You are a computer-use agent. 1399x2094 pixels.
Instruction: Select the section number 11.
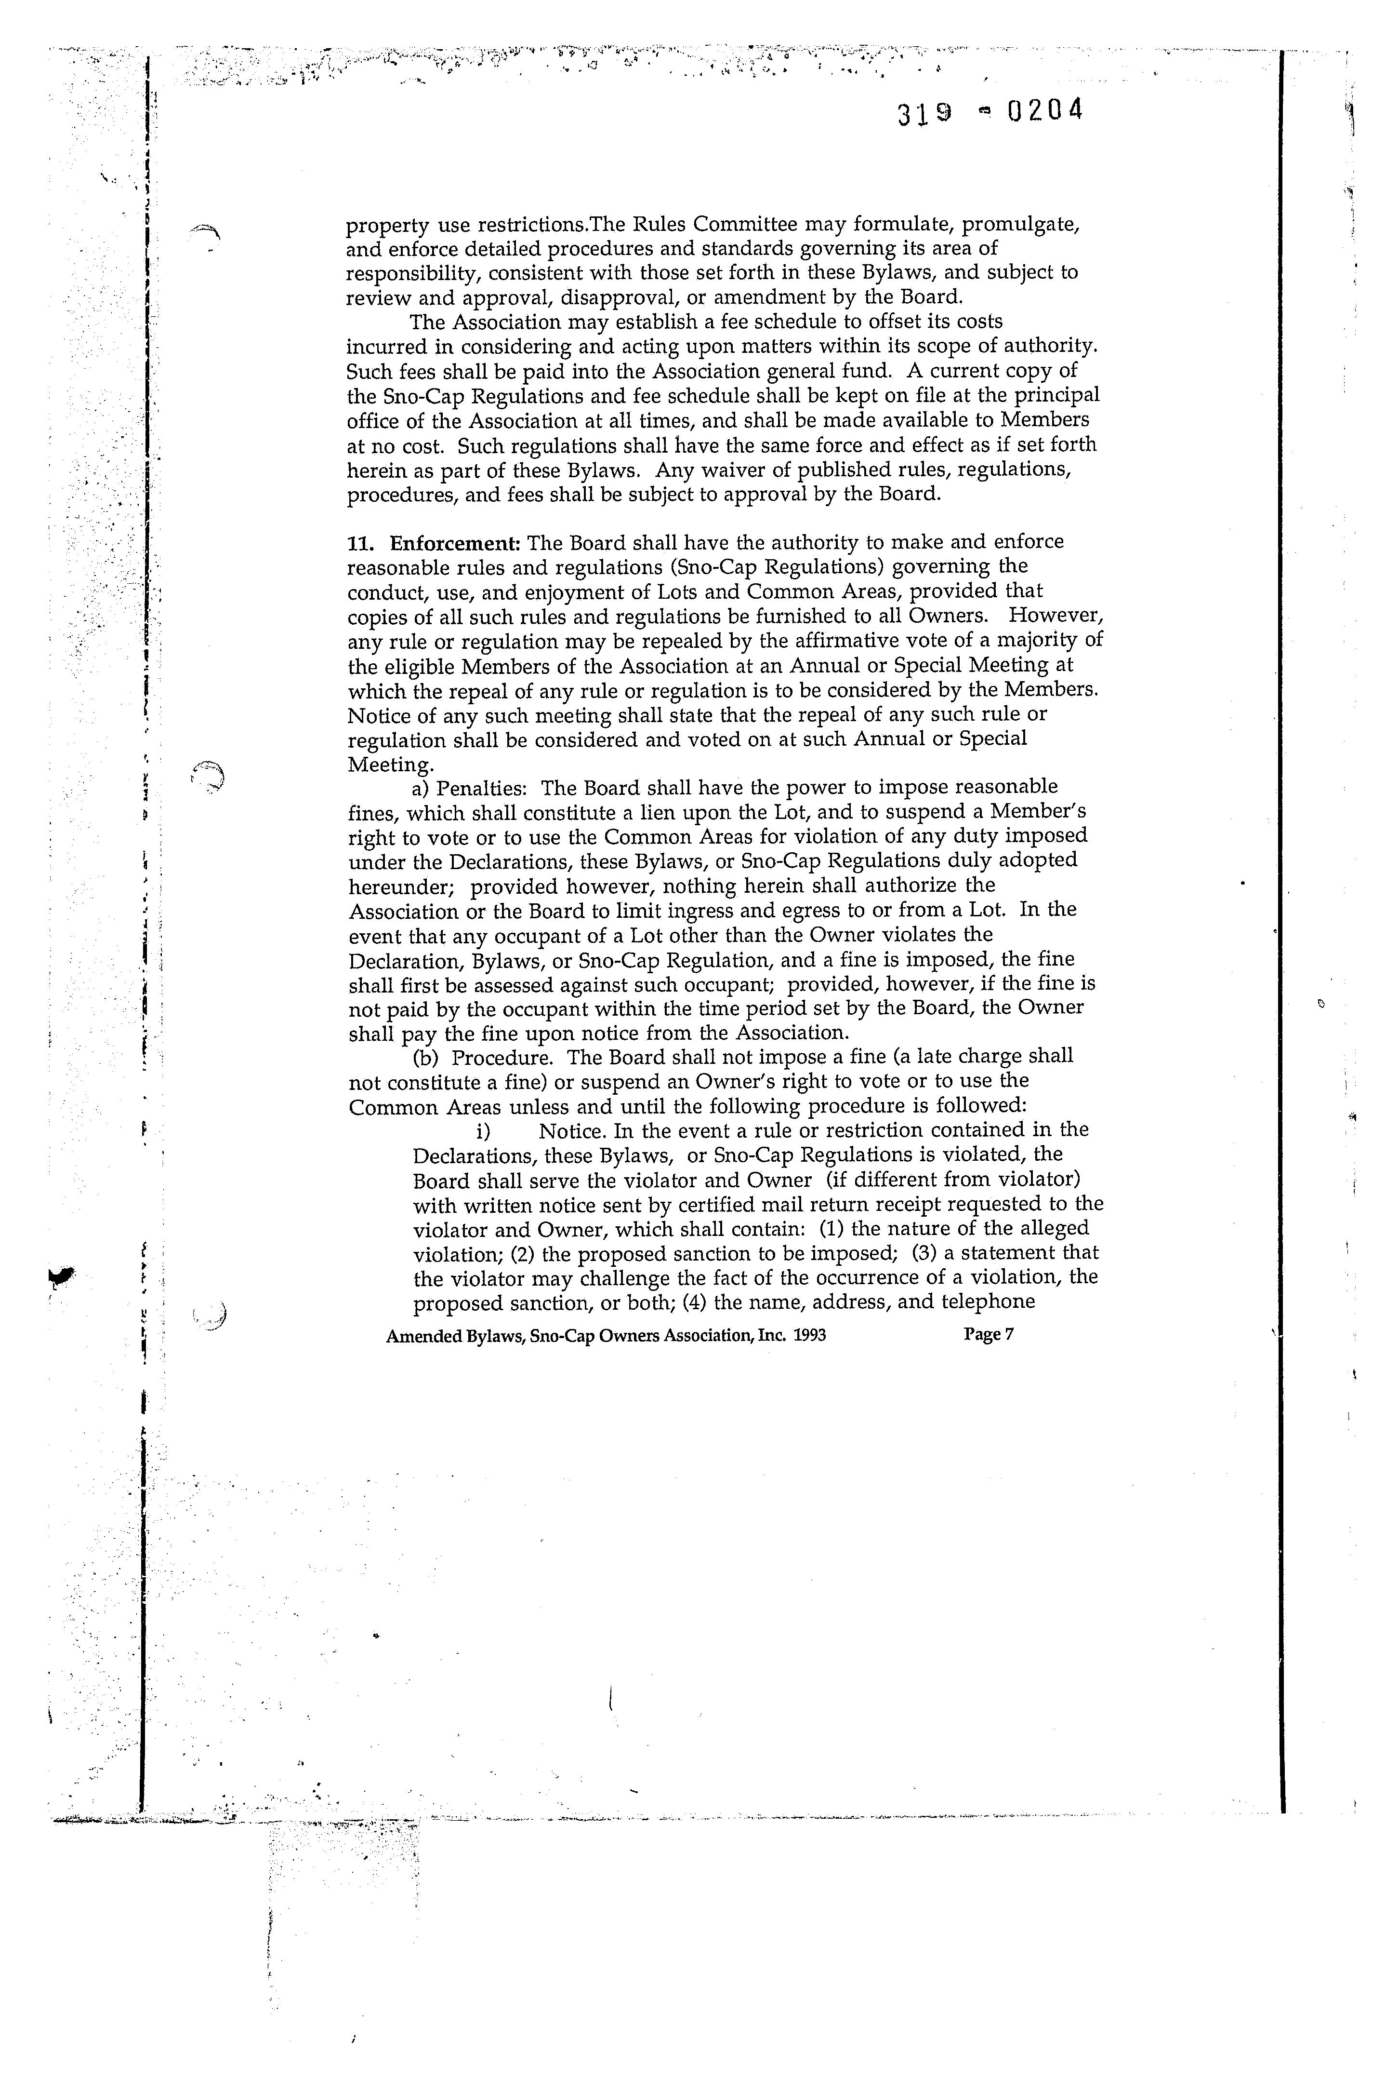[x=360, y=543]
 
